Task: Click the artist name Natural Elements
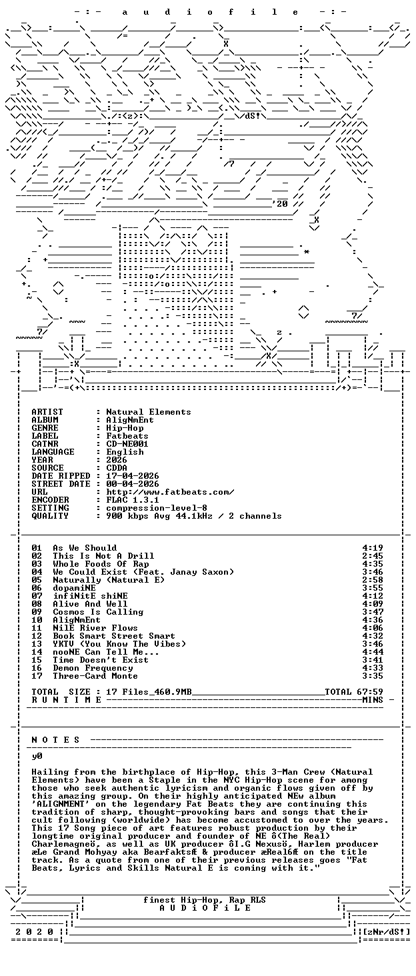pyautogui.click(x=149, y=412)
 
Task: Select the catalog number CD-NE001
pyautogui.click(x=127, y=444)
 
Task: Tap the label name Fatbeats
pyautogui.click(x=127, y=436)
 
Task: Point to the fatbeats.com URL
pyautogui.click(x=170, y=493)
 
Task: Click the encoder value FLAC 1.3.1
pyautogui.click(x=133, y=500)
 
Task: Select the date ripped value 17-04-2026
pyautogui.click(x=133, y=476)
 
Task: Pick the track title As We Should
pyautogui.click(x=85, y=548)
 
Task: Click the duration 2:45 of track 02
pyautogui.click(x=373, y=556)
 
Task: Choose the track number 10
pyautogui.click(x=37, y=620)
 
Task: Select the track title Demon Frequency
pyautogui.click(x=93, y=669)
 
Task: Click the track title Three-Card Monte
pyautogui.click(x=95, y=676)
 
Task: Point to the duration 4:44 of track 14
pyautogui.click(x=373, y=652)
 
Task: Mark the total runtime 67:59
pyautogui.click(x=373, y=692)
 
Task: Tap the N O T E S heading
pyautogui.click(x=56, y=740)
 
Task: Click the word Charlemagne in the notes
pyautogui.click(x=58, y=844)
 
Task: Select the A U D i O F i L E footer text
pyautogui.click(x=205, y=908)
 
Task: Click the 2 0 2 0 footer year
pyautogui.click(x=35, y=932)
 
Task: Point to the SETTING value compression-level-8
pyautogui.click(x=157, y=508)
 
